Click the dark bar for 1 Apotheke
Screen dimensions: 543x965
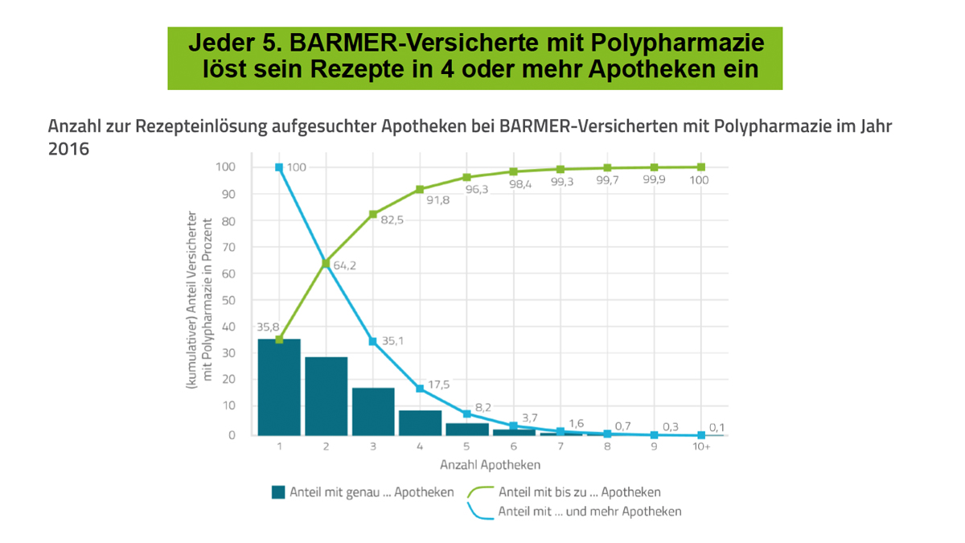[278, 387]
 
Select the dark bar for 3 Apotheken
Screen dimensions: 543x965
[372, 411]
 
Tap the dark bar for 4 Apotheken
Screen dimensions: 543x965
[420, 422]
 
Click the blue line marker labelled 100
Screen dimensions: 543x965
[278, 167]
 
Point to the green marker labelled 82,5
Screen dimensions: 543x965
[372, 214]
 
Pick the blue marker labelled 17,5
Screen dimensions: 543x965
[420, 389]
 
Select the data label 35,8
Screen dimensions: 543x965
[268, 327]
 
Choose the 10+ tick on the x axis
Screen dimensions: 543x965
[701, 447]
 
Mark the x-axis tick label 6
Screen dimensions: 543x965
[513, 447]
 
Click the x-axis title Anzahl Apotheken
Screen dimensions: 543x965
[490, 465]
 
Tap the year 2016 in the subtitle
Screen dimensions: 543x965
[68, 150]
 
